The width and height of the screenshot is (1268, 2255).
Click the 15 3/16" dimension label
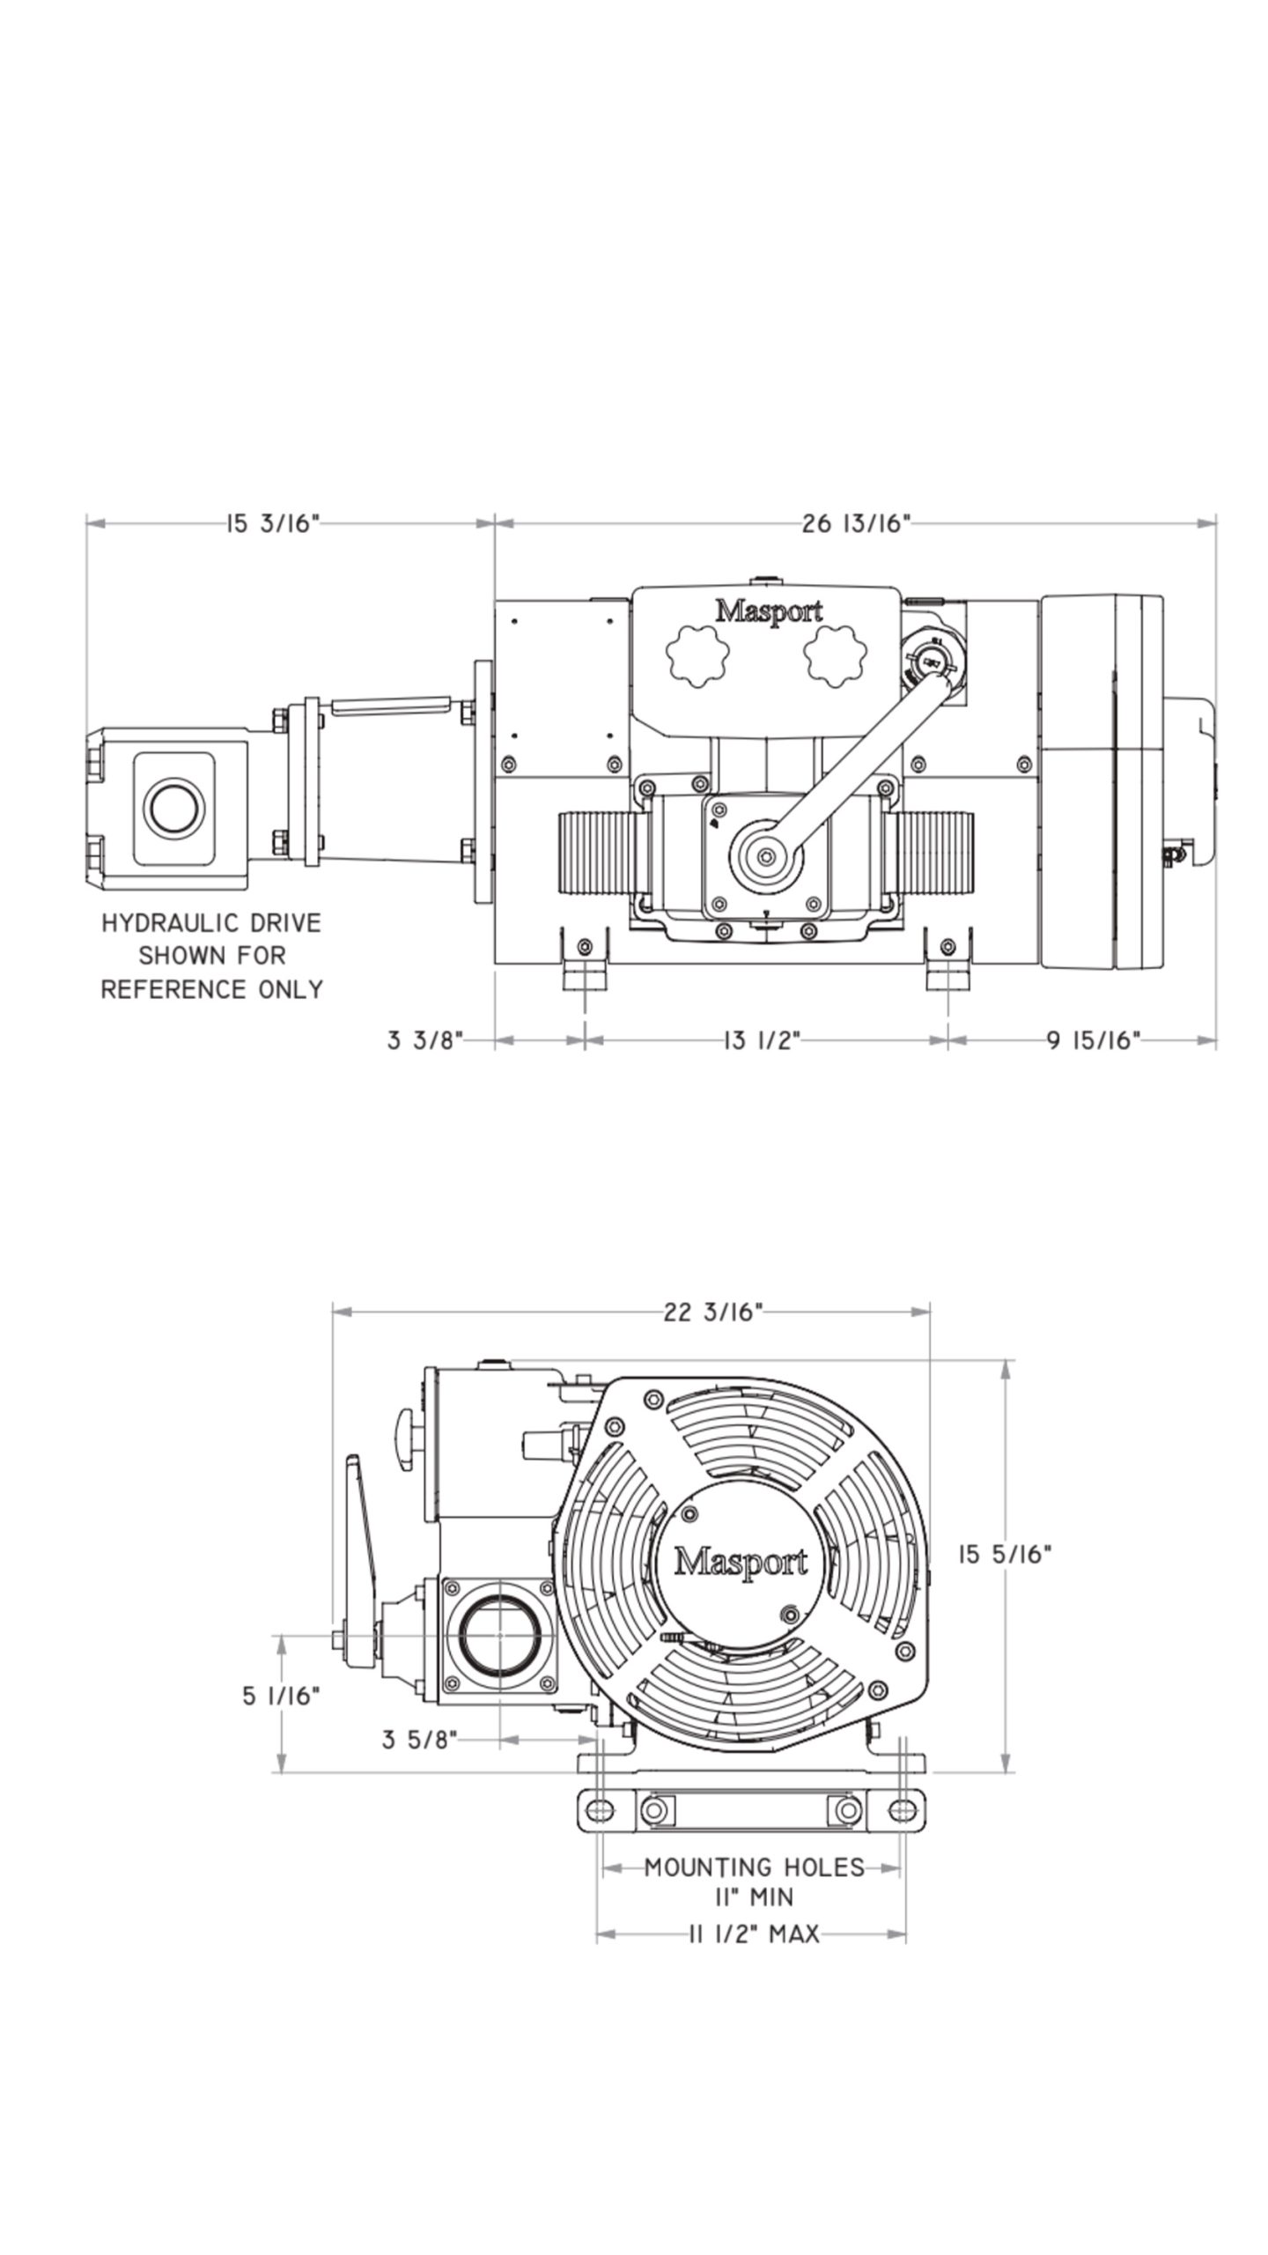(x=271, y=524)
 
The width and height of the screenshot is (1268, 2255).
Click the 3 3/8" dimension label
(x=424, y=1040)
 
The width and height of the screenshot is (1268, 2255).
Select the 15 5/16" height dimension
(x=1004, y=1555)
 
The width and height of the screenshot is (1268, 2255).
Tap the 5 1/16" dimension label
(x=281, y=1696)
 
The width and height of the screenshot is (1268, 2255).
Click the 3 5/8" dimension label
(x=419, y=1740)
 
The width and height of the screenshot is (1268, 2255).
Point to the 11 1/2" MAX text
(x=753, y=1934)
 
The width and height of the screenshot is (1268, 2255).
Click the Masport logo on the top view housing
(x=768, y=611)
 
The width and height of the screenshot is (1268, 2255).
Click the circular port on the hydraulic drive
(x=173, y=808)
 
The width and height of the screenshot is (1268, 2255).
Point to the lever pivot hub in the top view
(x=766, y=854)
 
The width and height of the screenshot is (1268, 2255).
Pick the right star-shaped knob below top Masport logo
(x=835, y=655)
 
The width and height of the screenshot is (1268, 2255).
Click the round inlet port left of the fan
(x=498, y=1635)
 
